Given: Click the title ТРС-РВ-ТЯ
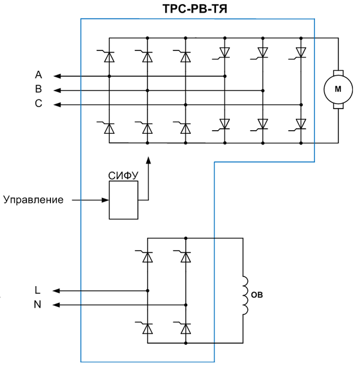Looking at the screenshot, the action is point(195,9).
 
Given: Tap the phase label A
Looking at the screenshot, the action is point(38,75).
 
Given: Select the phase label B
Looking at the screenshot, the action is point(38,89).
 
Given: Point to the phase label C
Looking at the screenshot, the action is point(38,104).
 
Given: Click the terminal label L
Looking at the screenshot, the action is point(38,290).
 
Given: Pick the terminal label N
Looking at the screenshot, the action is point(38,305).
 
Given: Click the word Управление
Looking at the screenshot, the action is point(34,200).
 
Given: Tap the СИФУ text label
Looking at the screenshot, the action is point(123,176).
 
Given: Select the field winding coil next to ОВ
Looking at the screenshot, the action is point(245,296).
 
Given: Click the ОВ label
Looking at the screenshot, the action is point(257,295).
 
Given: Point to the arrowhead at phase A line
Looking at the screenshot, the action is point(57,76).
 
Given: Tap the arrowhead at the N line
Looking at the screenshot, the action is point(56,305).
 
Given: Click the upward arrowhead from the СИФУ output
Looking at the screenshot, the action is point(148,160).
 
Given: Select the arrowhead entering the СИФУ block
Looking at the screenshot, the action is point(105,200).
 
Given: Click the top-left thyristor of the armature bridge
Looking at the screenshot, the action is point(109,56).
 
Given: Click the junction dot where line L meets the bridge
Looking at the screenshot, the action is point(148,290).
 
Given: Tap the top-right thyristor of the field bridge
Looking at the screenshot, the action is point(185,257).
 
